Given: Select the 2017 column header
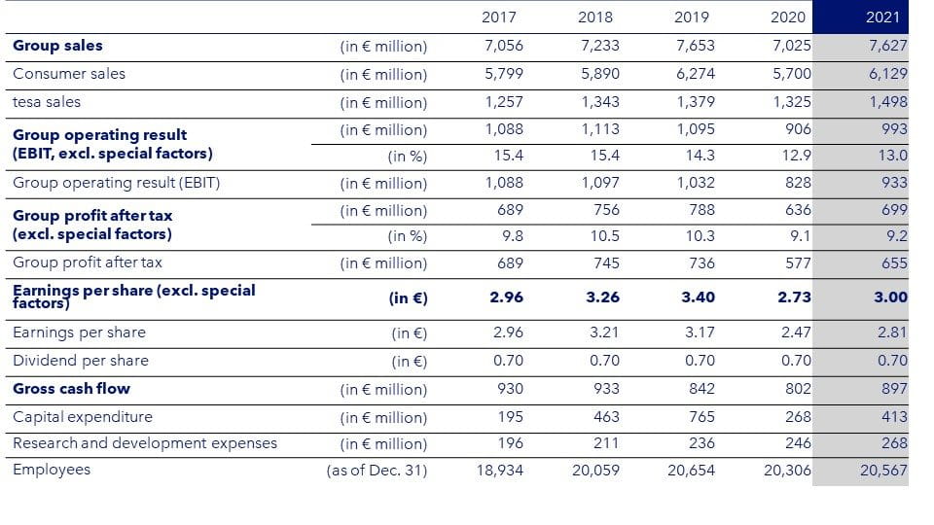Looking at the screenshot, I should point(499,17).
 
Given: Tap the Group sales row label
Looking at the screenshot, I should point(57,46).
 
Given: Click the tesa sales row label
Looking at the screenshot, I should point(47,102).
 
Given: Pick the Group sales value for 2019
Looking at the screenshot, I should point(694,46).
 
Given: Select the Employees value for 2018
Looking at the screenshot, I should point(596,470).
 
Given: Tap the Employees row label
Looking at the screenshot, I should point(52,470).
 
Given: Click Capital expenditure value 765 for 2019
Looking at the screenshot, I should point(701,417).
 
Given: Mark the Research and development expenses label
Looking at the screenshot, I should point(145,443).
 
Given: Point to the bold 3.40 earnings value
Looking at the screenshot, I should point(698,297).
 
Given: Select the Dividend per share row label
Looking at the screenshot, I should point(81,361).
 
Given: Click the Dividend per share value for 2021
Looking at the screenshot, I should point(892,361).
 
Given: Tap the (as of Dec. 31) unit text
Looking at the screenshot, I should point(377,471).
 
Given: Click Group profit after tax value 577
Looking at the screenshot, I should point(799,262).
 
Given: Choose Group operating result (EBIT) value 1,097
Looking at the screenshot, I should point(600,183).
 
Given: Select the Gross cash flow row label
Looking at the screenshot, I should point(71,389).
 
